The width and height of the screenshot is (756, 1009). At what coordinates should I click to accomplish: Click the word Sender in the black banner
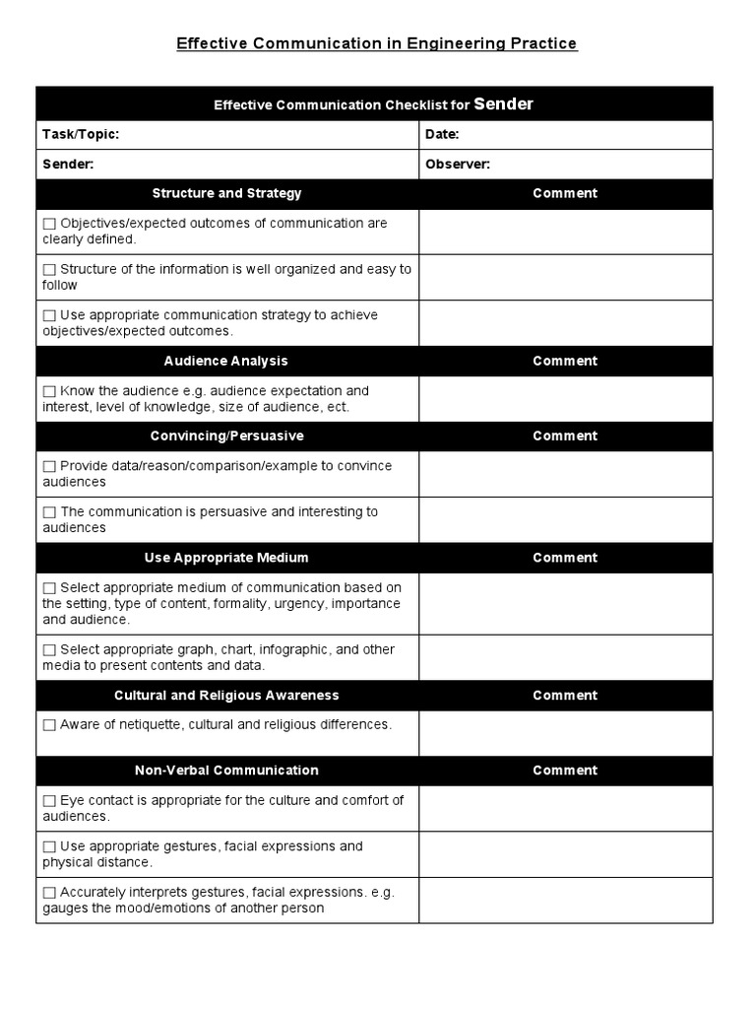503,103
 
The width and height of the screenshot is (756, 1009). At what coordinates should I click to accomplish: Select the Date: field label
442,135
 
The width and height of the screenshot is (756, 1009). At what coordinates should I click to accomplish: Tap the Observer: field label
458,165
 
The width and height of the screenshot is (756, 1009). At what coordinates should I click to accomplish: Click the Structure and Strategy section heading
226,193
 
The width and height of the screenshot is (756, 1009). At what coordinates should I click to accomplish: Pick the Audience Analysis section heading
226,361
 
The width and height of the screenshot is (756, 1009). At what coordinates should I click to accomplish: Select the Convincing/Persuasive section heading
226,436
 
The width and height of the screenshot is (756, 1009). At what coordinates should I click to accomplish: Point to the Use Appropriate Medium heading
226,558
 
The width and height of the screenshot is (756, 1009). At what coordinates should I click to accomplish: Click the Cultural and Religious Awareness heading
226,695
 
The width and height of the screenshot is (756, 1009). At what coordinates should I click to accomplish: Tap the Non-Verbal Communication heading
226,770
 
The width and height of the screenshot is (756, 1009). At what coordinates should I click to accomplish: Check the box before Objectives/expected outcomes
49,224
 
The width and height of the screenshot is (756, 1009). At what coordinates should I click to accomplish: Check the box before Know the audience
49,391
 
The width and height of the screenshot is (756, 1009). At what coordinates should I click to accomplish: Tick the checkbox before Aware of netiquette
49,725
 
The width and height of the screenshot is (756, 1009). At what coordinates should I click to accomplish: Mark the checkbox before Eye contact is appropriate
49,801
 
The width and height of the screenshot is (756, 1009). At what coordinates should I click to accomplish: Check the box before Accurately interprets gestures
49,893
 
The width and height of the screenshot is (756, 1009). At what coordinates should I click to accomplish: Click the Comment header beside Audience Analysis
565,361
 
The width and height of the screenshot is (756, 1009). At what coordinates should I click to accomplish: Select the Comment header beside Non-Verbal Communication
565,770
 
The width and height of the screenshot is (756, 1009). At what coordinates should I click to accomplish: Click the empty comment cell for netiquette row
565,733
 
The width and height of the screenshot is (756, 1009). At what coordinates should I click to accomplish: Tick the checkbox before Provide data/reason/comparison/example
49,467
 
